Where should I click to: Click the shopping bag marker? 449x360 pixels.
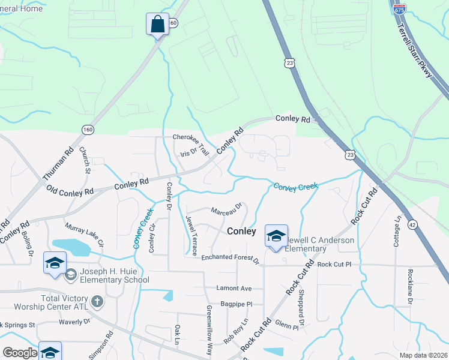[x=157, y=25]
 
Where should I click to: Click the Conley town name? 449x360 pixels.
[x=241, y=231]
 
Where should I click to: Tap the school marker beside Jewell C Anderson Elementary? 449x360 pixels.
[x=276, y=235]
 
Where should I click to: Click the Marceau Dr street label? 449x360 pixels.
[x=226, y=209]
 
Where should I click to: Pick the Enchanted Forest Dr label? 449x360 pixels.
[x=230, y=258]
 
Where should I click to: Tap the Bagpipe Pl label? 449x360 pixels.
[x=236, y=304]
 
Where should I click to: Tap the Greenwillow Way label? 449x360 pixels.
[x=209, y=331]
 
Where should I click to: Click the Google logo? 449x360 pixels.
[x=20, y=353]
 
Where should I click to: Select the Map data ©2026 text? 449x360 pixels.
[x=423, y=355]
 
